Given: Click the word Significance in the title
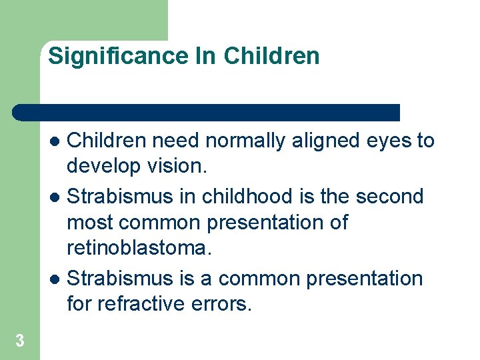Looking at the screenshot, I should coord(119,56).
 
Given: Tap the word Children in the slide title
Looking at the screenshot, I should coord(271,56).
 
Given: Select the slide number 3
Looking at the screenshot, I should coord(20,341).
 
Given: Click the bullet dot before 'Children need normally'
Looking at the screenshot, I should coord(56,141).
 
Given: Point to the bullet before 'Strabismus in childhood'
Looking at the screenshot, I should coord(56,197).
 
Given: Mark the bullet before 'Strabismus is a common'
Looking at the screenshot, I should coord(56,279).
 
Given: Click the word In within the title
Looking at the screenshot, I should coord(206,56).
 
